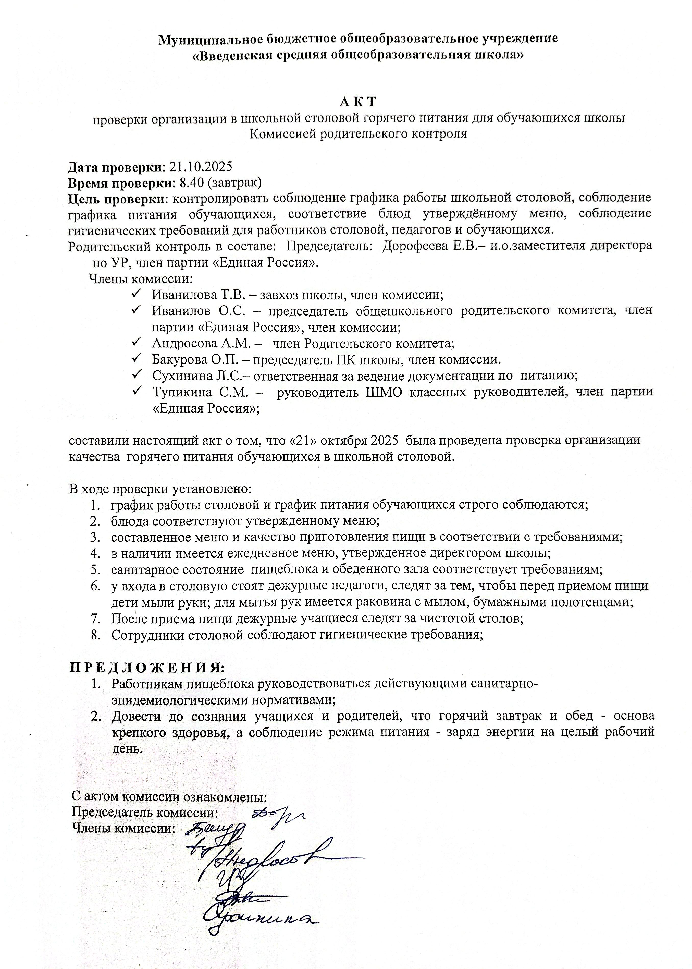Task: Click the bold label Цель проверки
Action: click(118, 199)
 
